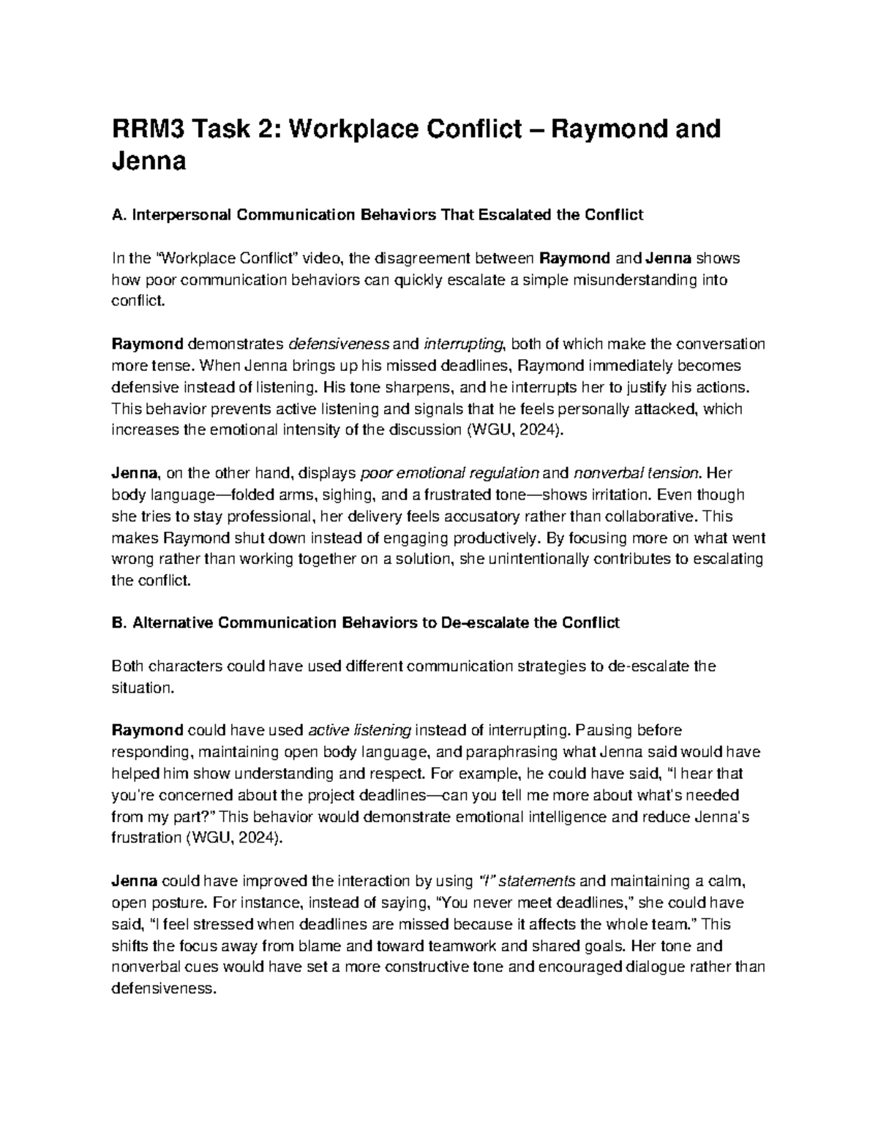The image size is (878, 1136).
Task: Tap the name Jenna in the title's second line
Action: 149,161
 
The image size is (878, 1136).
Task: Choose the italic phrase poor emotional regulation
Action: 451,473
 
